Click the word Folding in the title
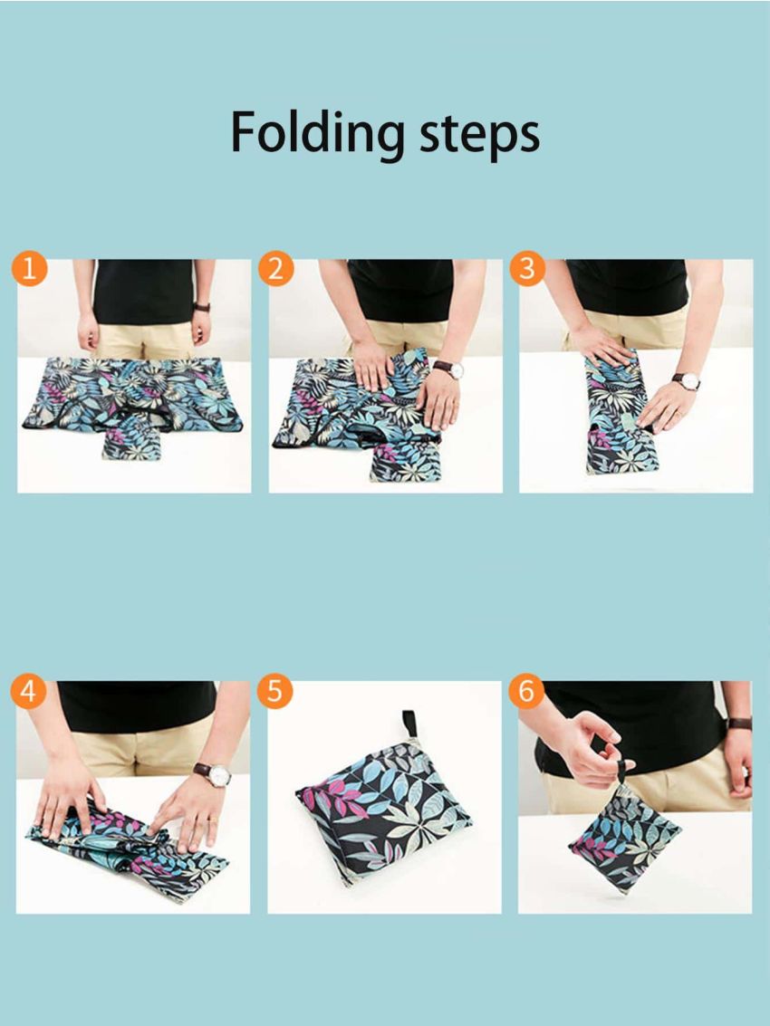[317, 133]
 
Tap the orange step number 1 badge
[30, 270]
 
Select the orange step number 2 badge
[275, 270]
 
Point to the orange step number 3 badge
[527, 270]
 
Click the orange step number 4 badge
[30, 692]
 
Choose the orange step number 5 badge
[275, 692]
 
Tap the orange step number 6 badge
[527, 692]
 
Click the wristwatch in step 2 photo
[448, 369]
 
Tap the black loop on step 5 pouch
[409, 723]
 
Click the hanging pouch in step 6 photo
[625, 838]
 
